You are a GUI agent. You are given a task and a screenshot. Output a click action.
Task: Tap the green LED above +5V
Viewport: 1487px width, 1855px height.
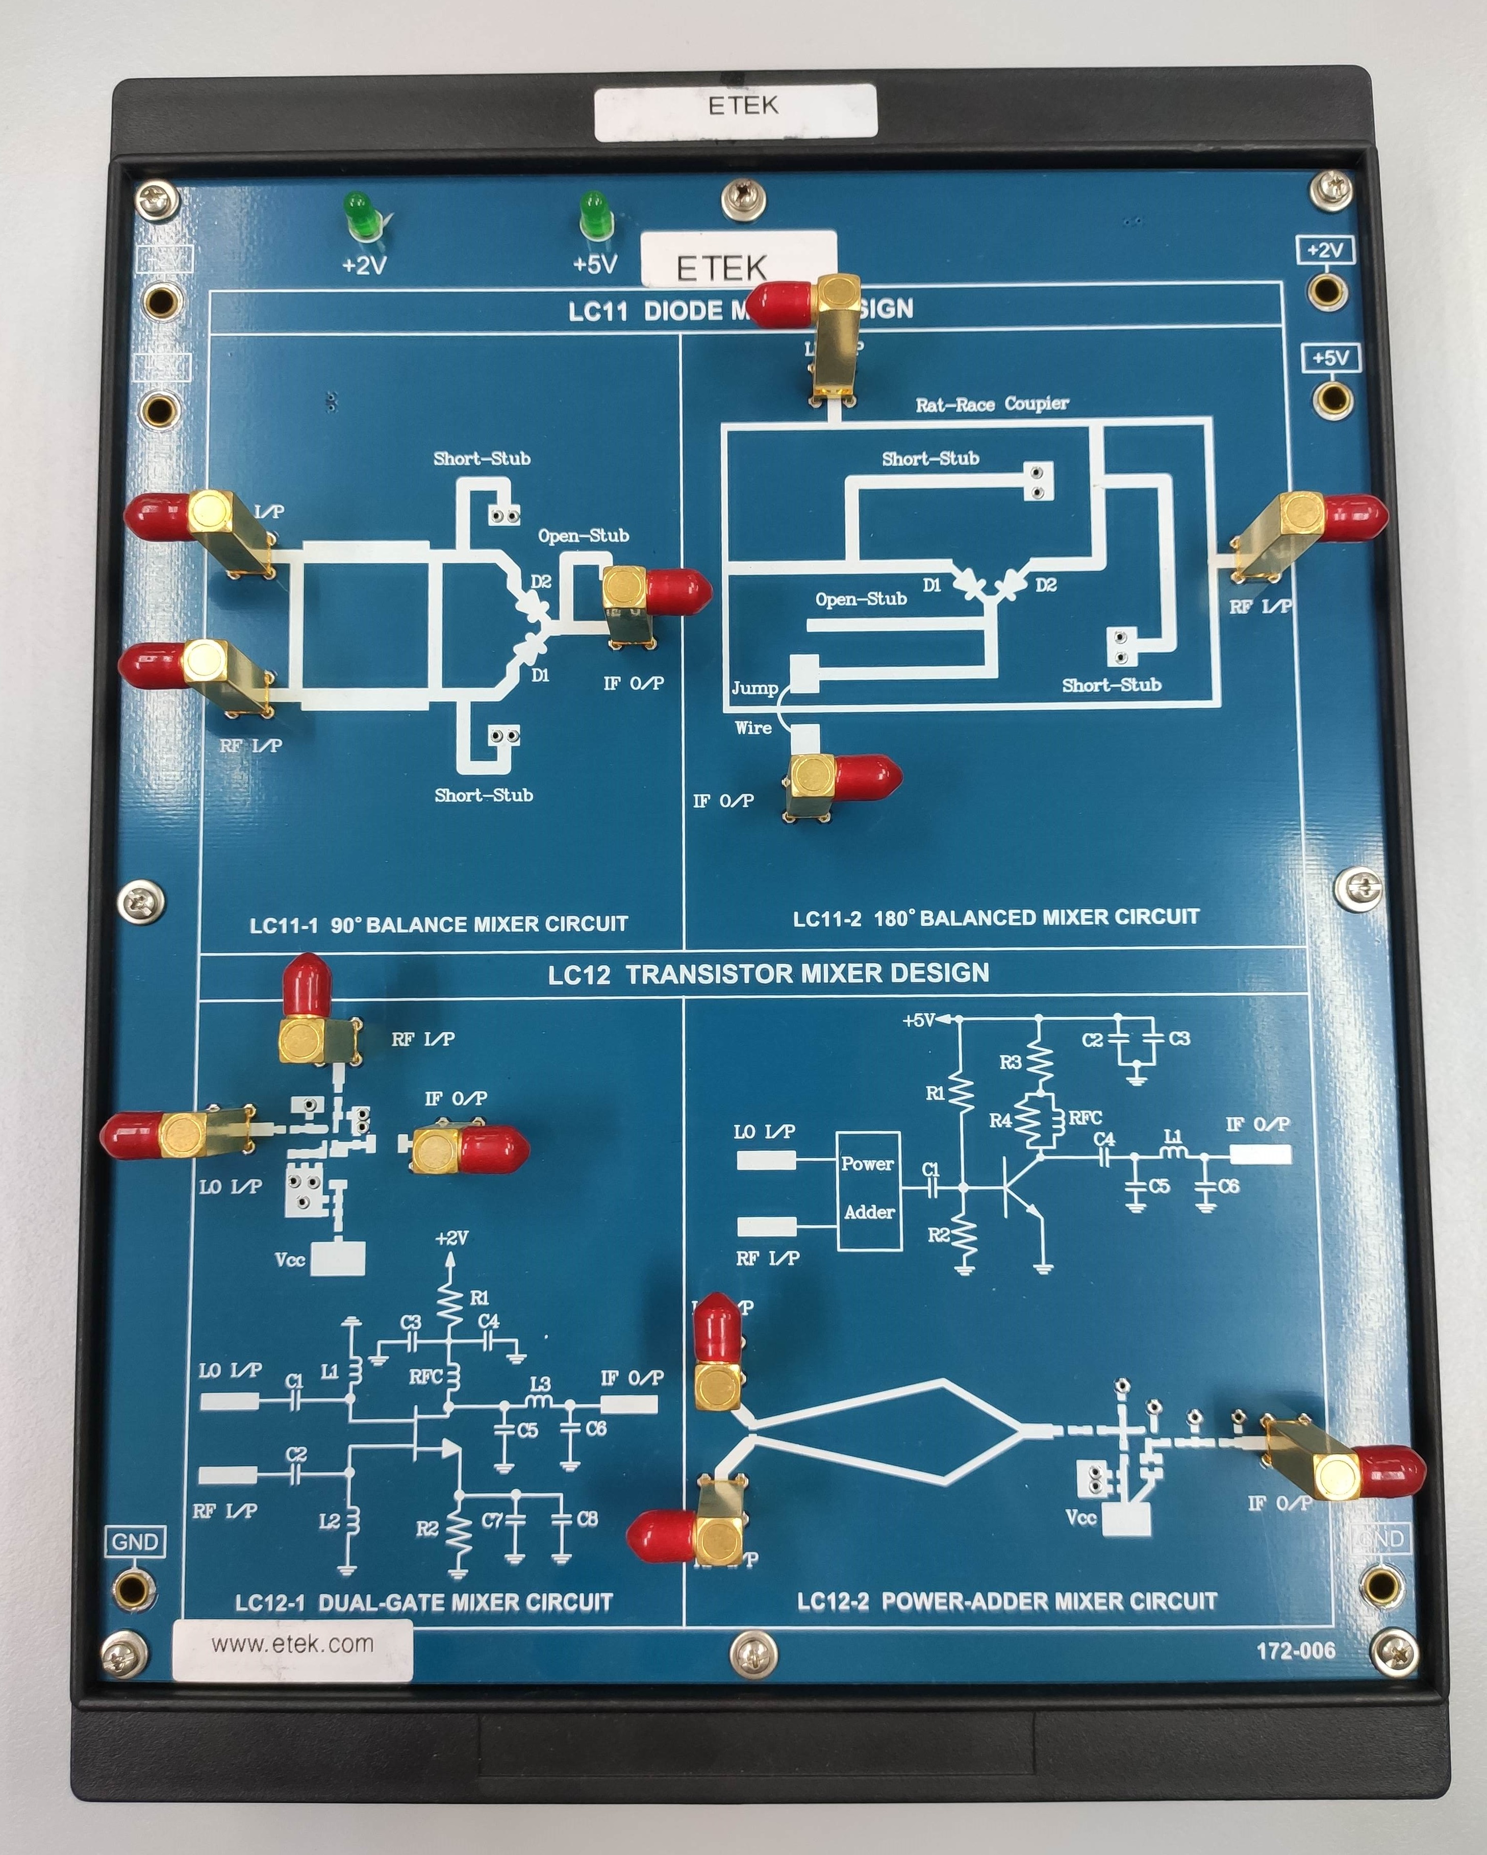pos(592,215)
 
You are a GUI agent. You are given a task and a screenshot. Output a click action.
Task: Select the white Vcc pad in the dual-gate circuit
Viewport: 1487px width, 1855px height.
pos(337,1259)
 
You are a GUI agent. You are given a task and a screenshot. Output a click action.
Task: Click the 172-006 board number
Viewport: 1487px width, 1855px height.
pos(1295,1650)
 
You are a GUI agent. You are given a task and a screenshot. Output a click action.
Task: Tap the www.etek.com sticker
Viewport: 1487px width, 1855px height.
pos(293,1644)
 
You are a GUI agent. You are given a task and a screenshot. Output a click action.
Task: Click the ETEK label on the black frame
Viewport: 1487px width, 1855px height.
pos(736,108)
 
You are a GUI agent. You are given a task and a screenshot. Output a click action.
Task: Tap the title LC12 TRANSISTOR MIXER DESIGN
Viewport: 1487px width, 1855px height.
pos(768,973)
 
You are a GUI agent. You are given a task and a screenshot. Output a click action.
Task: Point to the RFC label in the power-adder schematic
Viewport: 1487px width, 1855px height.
pos(1085,1118)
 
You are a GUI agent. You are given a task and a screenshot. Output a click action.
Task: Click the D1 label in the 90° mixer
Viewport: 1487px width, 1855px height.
pos(540,675)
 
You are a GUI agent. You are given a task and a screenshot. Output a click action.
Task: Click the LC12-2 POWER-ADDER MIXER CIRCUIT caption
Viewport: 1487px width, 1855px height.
pos(1007,1601)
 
